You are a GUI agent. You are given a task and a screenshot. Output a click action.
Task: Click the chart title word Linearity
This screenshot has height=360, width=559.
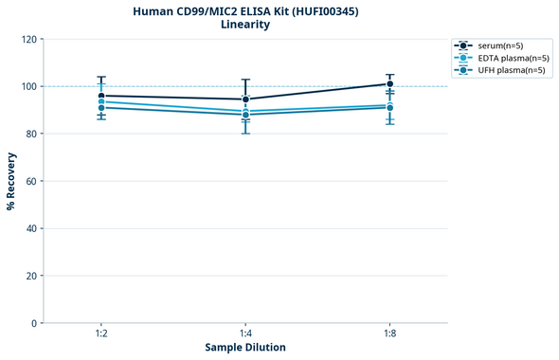(x=244, y=25)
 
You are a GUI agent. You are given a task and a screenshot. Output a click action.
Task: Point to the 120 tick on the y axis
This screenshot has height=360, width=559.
(x=28, y=39)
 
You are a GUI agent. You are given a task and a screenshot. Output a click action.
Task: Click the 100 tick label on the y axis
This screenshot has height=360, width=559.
(x=28, y=86)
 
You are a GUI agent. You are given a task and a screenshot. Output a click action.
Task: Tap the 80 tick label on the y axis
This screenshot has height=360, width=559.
(x=31, y=134)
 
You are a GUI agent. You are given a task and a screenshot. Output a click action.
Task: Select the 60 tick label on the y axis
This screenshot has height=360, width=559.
(x=31, y=181)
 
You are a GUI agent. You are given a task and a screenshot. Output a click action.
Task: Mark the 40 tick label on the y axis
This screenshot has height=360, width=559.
(x=31, y=228)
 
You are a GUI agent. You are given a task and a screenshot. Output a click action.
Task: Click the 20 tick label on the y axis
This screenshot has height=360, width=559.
(x=31, y=276)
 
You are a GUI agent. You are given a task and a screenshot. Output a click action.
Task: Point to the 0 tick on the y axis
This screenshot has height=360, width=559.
(x=34, y=323)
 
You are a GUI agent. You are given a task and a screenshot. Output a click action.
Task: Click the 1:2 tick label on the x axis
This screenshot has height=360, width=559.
(x=101, y=334)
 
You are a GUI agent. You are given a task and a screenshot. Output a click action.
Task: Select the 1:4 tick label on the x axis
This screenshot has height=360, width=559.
(x=245, y=334)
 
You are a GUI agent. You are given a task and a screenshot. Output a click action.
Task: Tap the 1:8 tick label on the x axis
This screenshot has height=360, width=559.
(x=389, y=334)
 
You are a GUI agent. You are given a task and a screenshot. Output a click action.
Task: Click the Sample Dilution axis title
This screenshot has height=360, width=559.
(x=245, y=348)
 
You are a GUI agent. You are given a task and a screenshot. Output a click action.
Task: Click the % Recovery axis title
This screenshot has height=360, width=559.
(x=11, y=181)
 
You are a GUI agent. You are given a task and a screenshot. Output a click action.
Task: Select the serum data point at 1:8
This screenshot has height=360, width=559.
(x=389, y=84)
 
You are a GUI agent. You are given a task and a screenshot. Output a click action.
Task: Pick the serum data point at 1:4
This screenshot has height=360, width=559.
(x=245, y=99)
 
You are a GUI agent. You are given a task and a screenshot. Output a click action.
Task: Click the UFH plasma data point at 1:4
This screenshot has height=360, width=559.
(x=245, y=115)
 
